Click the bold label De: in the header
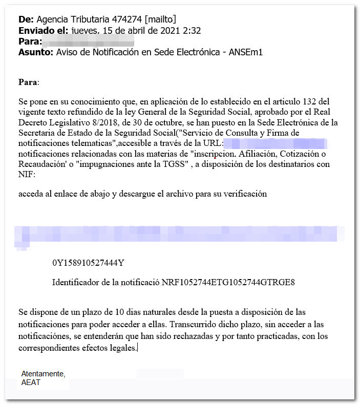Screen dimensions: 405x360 pyautogui.click(x=26, y=19)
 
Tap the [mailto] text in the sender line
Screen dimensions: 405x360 pyautogui.click(x=161, y=19)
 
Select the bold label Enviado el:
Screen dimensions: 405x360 pyautogui.click(x=43, y=31)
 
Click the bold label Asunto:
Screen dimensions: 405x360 pyautogui.click(x=35, y=52)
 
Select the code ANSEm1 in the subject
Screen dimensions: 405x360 pyautogui.click(x=249, y=52)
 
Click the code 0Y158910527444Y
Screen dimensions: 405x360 pyautogui.click(x=88, y=263)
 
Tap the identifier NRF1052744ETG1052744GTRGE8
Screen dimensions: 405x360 pyautogui.click(x=228, y=283)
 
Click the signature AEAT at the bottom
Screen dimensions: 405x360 pyautogui.click(x=31, y=382)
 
